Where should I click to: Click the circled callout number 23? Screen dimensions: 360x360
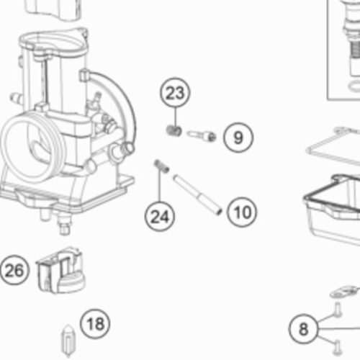coord(175,93)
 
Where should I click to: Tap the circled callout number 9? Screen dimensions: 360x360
coord(238,138)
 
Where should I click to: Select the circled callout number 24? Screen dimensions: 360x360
coord(160,216)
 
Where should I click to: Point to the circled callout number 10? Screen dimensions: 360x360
coord(242,212)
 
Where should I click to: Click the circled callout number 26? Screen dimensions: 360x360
coord(14,270)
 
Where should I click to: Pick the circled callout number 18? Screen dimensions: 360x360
coord(95,324)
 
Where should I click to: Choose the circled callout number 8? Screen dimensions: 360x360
coord(304,328)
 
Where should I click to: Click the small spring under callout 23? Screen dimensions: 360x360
coord(174,131)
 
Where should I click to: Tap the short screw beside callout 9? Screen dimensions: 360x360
coord(202,136)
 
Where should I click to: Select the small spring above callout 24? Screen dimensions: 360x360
coord(161,166)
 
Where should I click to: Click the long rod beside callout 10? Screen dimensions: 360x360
coord(197,194)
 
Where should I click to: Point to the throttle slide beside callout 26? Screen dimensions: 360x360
coord(60,270)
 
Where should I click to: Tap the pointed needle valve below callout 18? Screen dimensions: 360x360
coord(68,341)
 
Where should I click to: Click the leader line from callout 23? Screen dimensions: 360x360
coord(176,117)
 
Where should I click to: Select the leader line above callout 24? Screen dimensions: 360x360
coord(159,185)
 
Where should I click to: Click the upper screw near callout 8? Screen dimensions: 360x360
coord(338,310)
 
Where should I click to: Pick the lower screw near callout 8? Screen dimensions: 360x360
coord(338,348)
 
